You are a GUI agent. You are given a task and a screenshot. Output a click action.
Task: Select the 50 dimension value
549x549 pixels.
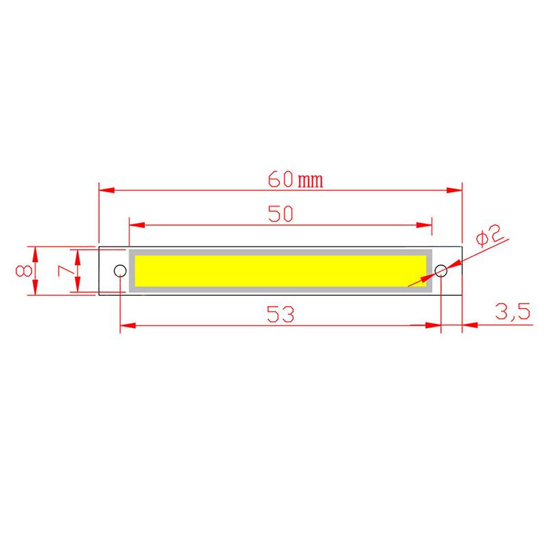click(x=281, y=214)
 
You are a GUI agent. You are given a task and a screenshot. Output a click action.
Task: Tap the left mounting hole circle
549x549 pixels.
click(x=119, y=270)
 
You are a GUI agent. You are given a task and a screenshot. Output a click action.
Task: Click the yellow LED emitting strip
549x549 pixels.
click(x=281, y=270)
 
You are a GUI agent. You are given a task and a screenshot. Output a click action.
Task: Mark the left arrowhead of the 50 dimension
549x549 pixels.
click(x=136, y=224)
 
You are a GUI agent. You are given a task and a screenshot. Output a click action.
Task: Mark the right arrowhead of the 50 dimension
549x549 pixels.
click(x=425, y=224)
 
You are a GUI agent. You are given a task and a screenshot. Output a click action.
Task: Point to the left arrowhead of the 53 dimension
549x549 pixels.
click(x=126, y=325)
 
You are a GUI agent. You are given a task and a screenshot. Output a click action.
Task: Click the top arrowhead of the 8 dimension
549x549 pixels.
click(x=36, y=251)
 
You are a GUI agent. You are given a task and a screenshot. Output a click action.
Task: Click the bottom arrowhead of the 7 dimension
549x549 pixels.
click(x=79, y=288)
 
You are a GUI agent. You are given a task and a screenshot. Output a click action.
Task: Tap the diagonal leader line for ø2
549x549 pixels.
click(x=474, y=255)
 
